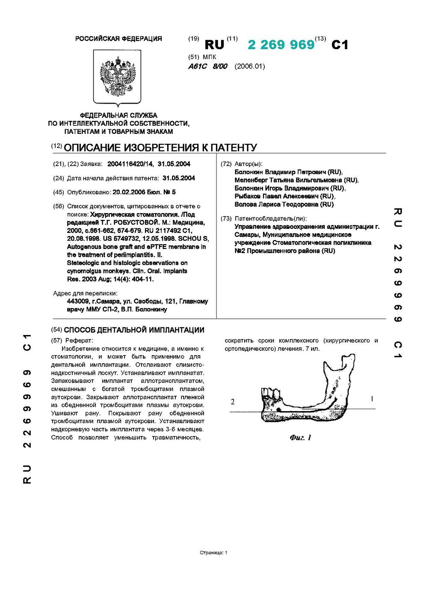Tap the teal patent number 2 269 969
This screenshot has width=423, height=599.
[x=281, y=44]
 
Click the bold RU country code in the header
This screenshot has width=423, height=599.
[x=215, y=44]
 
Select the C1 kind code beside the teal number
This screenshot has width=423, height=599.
[x=340, y=44]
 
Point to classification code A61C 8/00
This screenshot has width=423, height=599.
[x=208, y=66]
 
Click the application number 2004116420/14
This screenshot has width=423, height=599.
[x=130, y=164]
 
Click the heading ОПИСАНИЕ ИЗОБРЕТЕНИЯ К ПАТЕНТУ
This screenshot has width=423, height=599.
[x=160, y=148]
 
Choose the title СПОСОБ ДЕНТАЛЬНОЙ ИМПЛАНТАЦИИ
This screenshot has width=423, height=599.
[x=134, y=330]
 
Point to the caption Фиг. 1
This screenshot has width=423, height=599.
[x=300, y=437]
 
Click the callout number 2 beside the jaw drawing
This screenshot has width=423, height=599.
[x=233, y=402]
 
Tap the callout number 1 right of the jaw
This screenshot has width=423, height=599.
[x=372, y=399]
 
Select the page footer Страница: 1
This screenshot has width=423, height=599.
[x=213, y=552]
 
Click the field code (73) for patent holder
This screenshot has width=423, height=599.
[x=226, y=219]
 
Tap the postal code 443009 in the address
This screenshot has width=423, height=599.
[x=77, y=301]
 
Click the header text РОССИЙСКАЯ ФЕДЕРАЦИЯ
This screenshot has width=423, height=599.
[x=118, y=39]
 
